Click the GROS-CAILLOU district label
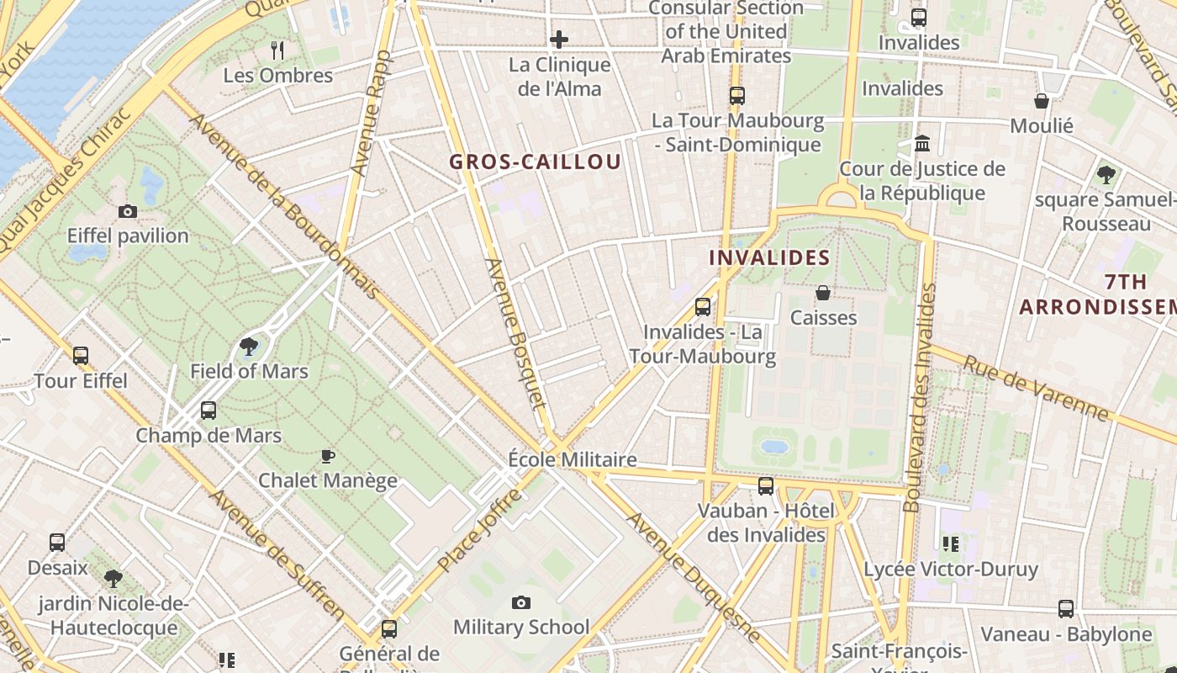click(536, 162)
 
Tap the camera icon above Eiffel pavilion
click(128, 211)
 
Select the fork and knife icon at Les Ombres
click(278, 50)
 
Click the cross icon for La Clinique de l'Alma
click(559, 40)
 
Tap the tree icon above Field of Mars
click(249, 346)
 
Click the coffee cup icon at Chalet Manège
click(328, 456)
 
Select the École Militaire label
click(573, 460)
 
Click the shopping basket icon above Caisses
click(823, 293)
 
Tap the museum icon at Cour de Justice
click(922, 144)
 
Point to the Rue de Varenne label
click(1036, 388)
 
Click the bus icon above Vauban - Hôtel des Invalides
click(766, 485)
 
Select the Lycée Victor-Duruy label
click(951, 570)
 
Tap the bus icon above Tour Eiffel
click(81, 356)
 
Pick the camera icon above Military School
click(521, 602)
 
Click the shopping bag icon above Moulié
click(1042, 101)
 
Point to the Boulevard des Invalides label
click(919, 397)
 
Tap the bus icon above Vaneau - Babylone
click(1066, 609)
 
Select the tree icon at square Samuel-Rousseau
click(1106, 175)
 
